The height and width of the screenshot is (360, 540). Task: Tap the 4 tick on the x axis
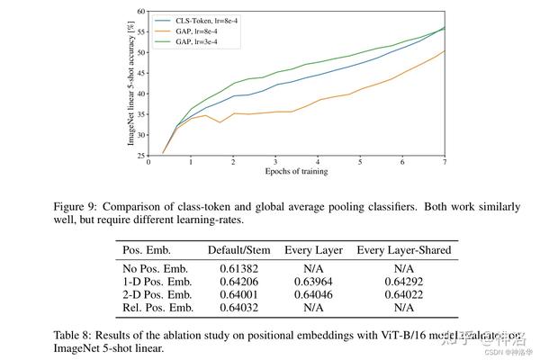pyautogui.click(x=318, y=163)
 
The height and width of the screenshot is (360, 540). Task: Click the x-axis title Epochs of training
pyautogui.click(x=296, y=172)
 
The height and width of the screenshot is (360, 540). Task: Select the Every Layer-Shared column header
pyautogui.click(x=404, y=250)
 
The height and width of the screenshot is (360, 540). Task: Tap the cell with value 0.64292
pyautogui.click(x=404, y=281)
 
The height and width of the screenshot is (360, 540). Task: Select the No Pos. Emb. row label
pyautogui.click(x=155, y=268)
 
